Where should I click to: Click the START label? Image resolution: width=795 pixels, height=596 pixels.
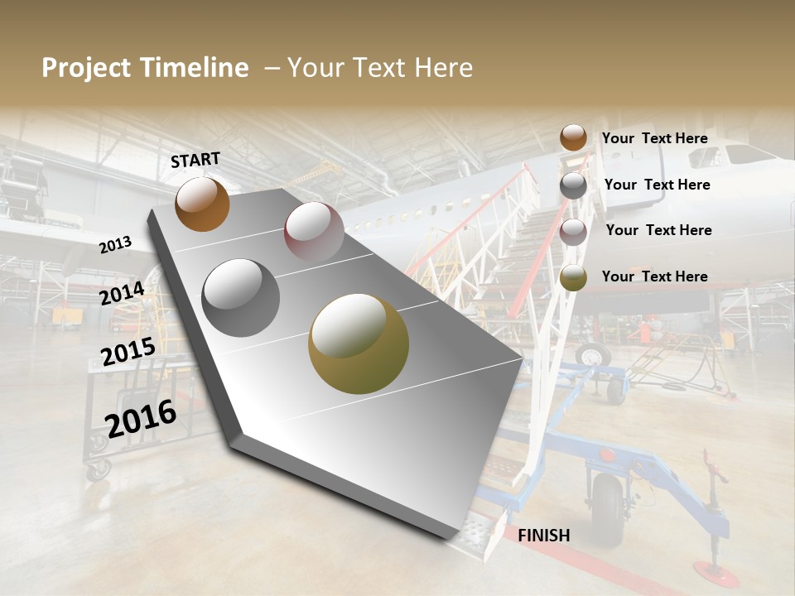pyautogui.click(x=195, y=160)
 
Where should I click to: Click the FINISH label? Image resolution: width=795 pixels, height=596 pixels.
pyautogui.click(x=544, y=536)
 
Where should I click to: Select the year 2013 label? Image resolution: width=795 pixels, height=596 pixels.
pyautogui.click(x=116, y=244)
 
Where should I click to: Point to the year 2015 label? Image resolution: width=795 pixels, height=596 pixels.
pyautogui.click(x=128, y=352)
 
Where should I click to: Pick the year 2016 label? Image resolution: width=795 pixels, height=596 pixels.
pyautogui.click(x=141, y=418)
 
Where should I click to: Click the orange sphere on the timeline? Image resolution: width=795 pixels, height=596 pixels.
pyautogui.click(x=202, y=204)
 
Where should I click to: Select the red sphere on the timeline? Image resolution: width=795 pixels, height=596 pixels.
pyautogui.click(x=314, y=231)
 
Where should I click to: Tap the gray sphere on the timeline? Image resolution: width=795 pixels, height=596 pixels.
pyautogui.click(x=241, y=297)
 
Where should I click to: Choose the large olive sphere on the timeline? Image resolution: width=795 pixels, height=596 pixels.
pyautogui.click(x=359, y=344)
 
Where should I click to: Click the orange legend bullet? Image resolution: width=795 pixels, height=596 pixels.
pyautogui.click(x=573, y=138)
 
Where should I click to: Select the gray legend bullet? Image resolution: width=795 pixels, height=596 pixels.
pyautogui.click(x=573, y=185)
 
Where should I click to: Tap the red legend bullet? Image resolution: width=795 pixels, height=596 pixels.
pyautogui.click(x=573, y=231)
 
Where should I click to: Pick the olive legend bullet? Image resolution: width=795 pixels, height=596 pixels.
pyautogui.click(x=573, y=277)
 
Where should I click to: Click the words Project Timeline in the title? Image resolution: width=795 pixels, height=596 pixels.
pyautogui.click(x=145, y=68)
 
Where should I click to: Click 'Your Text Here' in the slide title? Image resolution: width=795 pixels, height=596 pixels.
pyautogui.click(x=380, y=68)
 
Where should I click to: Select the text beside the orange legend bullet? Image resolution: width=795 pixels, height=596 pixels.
pyautogui.click(x=655, y=138)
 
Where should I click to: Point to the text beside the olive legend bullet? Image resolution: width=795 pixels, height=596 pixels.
pyautogui.click(x=655, y=276)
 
